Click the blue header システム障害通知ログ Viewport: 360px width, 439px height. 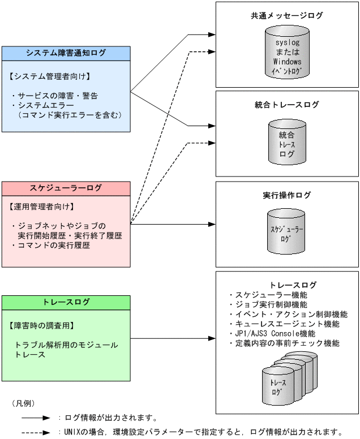tap(66, 53)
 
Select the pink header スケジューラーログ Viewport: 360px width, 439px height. tap(66, 188)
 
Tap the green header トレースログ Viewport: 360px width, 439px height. tap(66, 302)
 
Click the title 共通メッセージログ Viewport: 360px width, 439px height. tap(287, 16)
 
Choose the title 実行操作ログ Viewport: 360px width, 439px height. tap(287, 195)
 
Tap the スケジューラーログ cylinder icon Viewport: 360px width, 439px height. tap(287, 232)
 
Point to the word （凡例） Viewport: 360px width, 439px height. tap(23, 403)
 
